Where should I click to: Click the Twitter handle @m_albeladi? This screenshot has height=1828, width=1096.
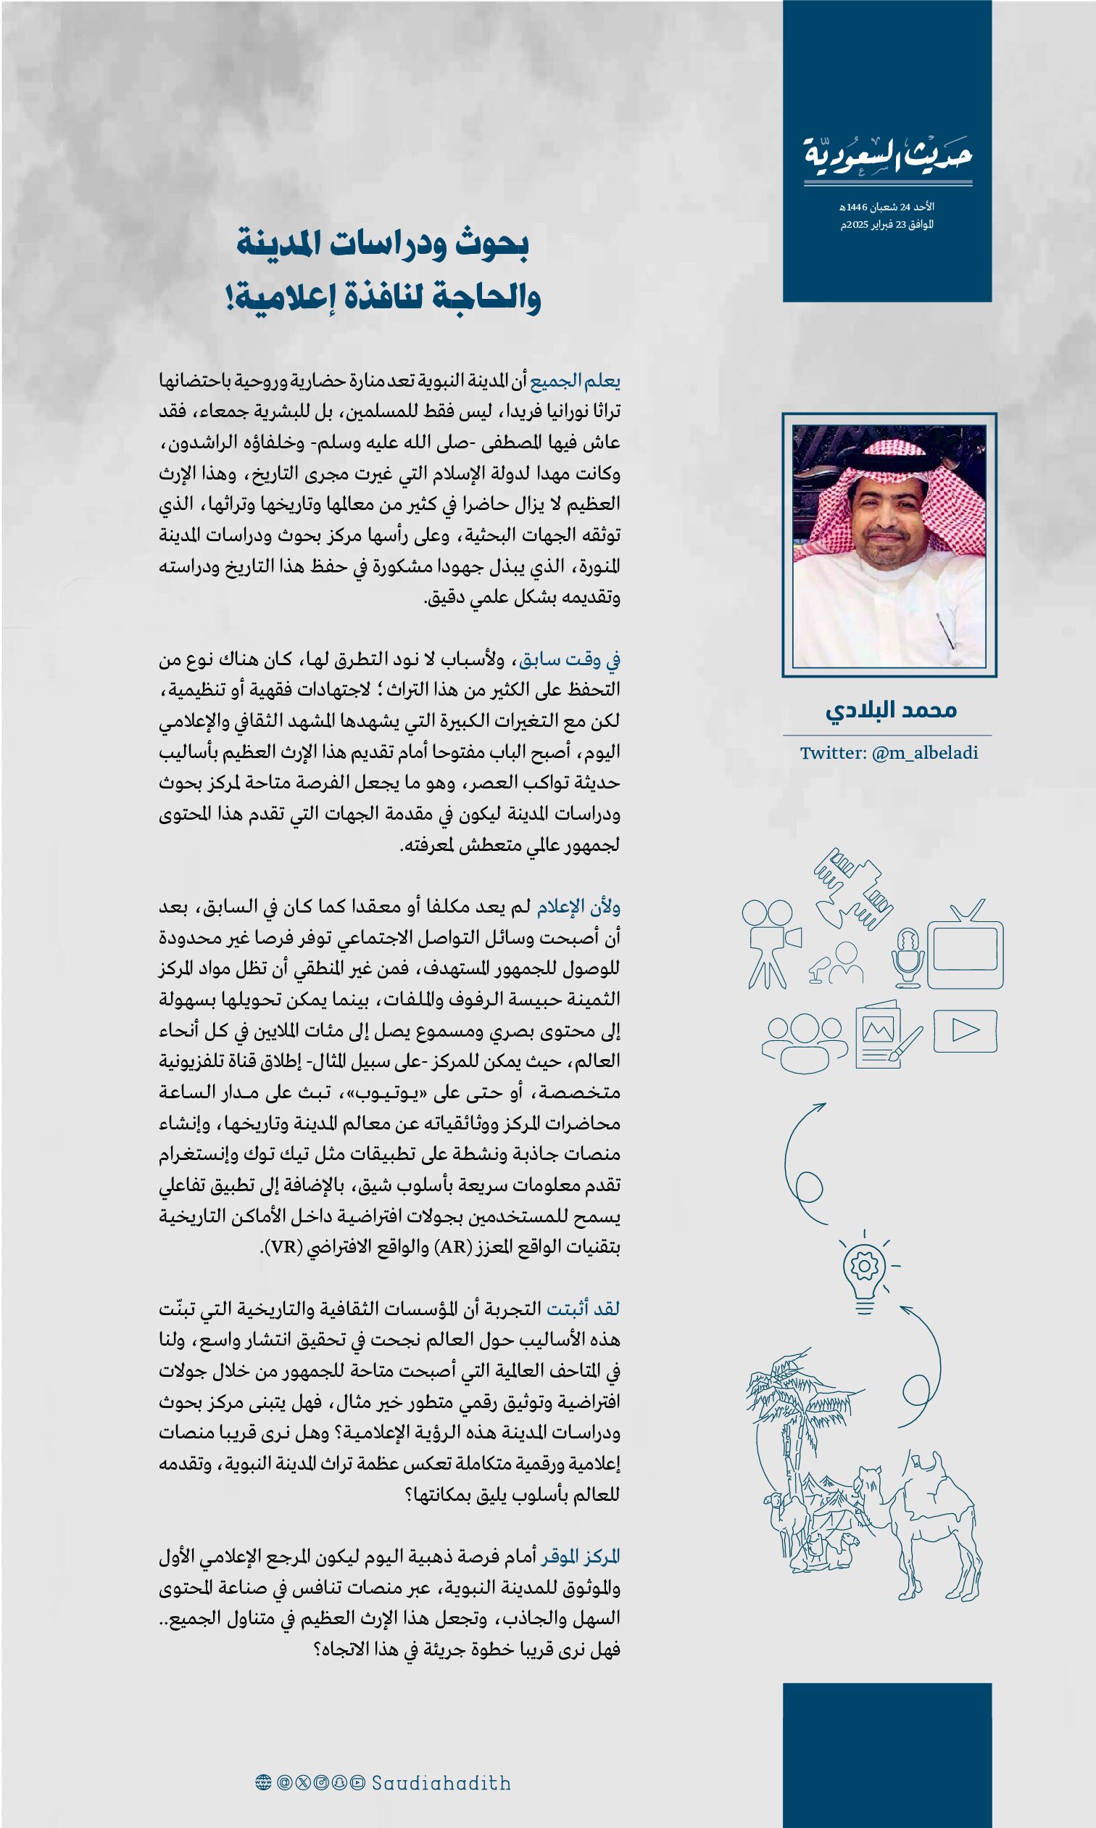(889, 753)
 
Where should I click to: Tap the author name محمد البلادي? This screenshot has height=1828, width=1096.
(891, 710)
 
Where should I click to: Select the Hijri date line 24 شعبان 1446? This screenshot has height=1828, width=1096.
(887, 207)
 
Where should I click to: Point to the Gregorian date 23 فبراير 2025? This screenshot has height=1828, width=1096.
(887, 225)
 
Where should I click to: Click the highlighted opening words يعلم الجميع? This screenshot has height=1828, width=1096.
(576, 382)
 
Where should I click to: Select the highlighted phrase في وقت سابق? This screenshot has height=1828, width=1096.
(570, 659)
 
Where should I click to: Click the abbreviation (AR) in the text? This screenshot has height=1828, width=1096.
(454, 1248)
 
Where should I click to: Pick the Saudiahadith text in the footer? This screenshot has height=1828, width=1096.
(441, 1783)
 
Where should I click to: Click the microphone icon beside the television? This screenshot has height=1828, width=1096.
(908, 958)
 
